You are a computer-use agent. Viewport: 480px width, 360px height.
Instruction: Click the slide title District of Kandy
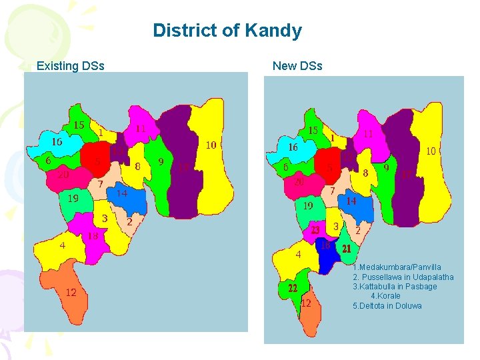click(x=227, y=31)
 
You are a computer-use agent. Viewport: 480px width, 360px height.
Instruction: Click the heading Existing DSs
click(x=70, y=66)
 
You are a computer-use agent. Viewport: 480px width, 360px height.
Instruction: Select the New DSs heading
click(x=297, y=66)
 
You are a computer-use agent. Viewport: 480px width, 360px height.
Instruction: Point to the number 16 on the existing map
click(x=57, y=142)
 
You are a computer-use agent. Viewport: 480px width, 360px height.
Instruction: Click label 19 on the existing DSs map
click(x=73, y=198)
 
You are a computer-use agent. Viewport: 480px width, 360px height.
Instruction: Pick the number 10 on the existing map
click(x=211, y=145)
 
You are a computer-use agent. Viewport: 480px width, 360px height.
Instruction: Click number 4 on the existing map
click(x=62, y=245)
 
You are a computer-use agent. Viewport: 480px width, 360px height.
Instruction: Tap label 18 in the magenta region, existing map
click(x=93, y=235)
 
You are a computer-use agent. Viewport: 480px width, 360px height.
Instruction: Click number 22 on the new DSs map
click(x=293, y=289)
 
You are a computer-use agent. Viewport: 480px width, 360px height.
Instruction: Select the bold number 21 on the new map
click(x=347, y=248)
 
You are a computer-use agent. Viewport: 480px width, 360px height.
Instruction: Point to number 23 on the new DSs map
click(x=315, y=230)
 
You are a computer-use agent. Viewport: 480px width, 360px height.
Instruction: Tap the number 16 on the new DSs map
click(x=293, y=147)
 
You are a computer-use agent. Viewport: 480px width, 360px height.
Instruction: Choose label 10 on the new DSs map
click(x=431, y=151)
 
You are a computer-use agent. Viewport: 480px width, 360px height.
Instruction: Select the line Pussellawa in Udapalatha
click(x=403, y=277)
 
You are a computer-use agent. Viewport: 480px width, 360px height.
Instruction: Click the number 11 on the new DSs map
click(x=368, y=133)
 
